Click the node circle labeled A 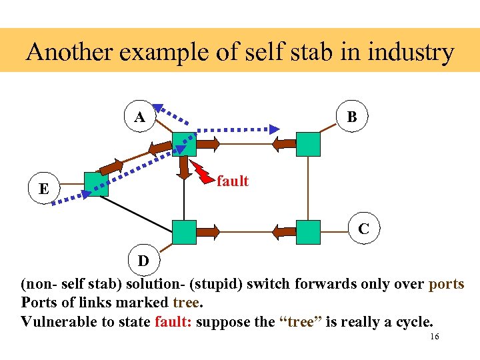pos(140,117)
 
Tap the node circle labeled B pos(351,117)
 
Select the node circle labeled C pos(363,229)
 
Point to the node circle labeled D pos(143,260)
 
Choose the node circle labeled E pos(43,189)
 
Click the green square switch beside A pos(184,143)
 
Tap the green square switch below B pos(308,143)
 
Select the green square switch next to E pos(96,184)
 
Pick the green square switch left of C pos(308,231)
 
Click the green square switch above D pos(184,231)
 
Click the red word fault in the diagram pos(233,181)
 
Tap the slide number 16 pos(434,337)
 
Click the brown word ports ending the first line pos(446,283)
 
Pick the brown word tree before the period pos(185,302)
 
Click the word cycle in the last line pos(411,321)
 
